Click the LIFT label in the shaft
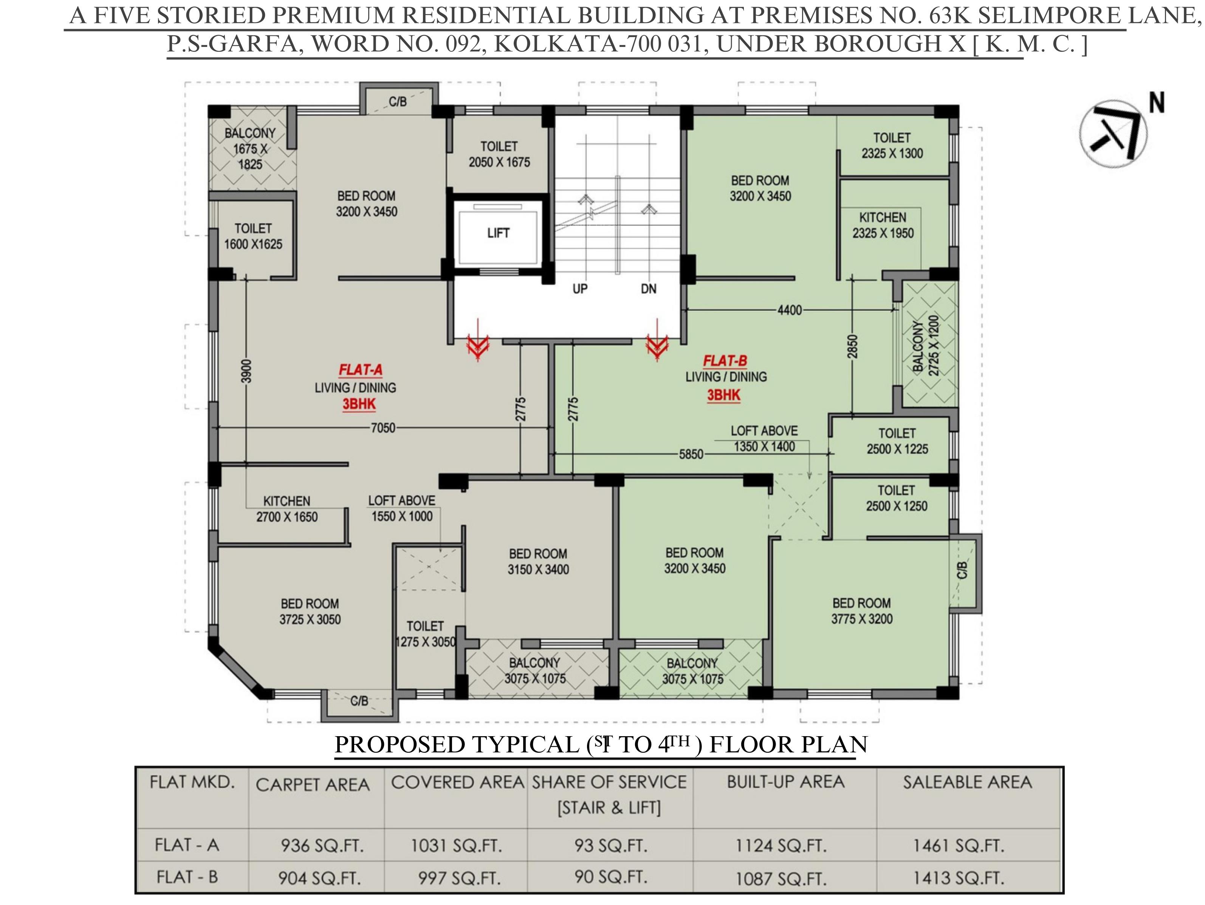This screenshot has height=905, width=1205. (498, 233)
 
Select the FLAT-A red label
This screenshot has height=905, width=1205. (360, 370)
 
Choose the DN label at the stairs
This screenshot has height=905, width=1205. (648, 289)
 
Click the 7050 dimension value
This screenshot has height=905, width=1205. (383, 428)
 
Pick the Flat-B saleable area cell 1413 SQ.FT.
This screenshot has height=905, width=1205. (958, 878)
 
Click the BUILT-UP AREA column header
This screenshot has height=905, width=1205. (785, 782)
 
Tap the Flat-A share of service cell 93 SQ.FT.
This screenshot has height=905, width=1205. (611, 846)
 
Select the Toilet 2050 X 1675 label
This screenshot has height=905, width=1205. (499, 154)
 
